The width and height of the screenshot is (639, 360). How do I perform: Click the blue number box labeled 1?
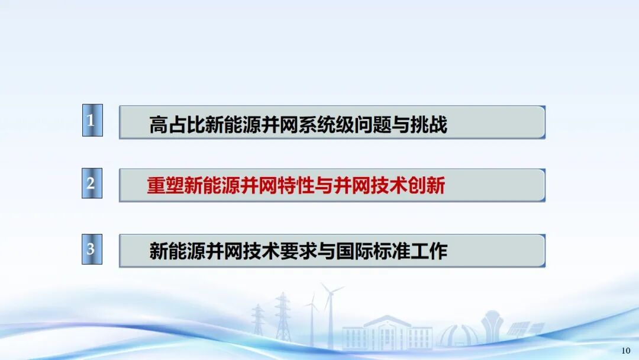(92, 120)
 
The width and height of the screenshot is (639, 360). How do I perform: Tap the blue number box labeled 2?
(92, 183)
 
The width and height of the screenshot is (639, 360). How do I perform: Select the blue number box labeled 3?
(92, 249)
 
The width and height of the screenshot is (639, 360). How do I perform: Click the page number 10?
(625, 351)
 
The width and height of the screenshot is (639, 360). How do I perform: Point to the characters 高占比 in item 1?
(176, 124)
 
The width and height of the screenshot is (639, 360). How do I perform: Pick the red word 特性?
(296, 186)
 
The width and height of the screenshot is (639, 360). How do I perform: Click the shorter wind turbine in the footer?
(312, 320)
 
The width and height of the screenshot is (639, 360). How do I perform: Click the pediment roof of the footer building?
(387, 320)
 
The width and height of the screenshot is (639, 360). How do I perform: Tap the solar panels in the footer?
(525, 329)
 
